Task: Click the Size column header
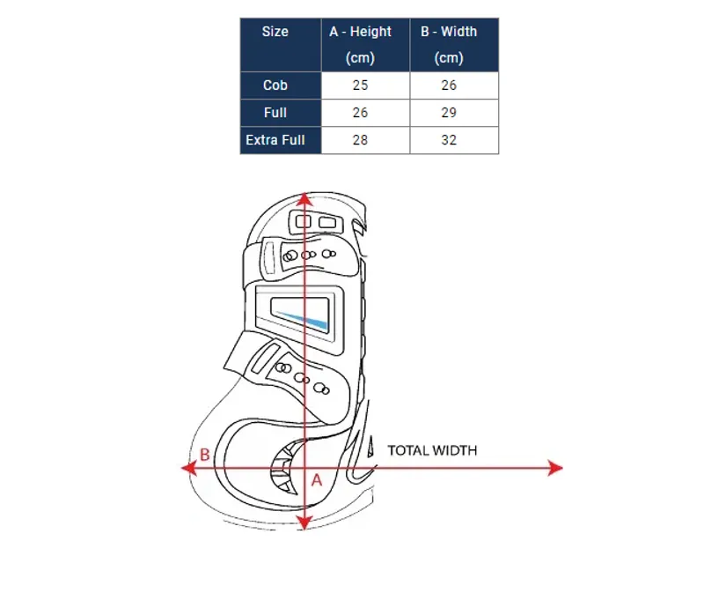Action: tap(275, 32)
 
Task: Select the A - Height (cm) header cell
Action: tap(360, 45)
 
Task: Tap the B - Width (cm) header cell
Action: tap(449, 45)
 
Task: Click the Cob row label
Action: tap(275, 85)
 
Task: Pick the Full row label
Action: tap(275, 113)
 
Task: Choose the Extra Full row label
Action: tap(275, 140)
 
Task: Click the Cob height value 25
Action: tap(360, 85)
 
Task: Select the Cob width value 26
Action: tap(449, 85)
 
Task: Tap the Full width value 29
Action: tap(449, 113)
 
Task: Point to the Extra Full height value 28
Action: tap(360, 140)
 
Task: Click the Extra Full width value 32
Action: tap(449, 140)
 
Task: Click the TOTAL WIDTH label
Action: tap(432, 450)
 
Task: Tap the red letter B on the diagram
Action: tap(205, 455)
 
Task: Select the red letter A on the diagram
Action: tap(317, 480)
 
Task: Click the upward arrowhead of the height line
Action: tap(304, 200)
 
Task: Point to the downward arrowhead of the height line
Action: tap(304, 523)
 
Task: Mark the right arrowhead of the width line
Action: tap(555, 468)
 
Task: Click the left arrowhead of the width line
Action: tap(188, 468)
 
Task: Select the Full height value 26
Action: tap(360, 113)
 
